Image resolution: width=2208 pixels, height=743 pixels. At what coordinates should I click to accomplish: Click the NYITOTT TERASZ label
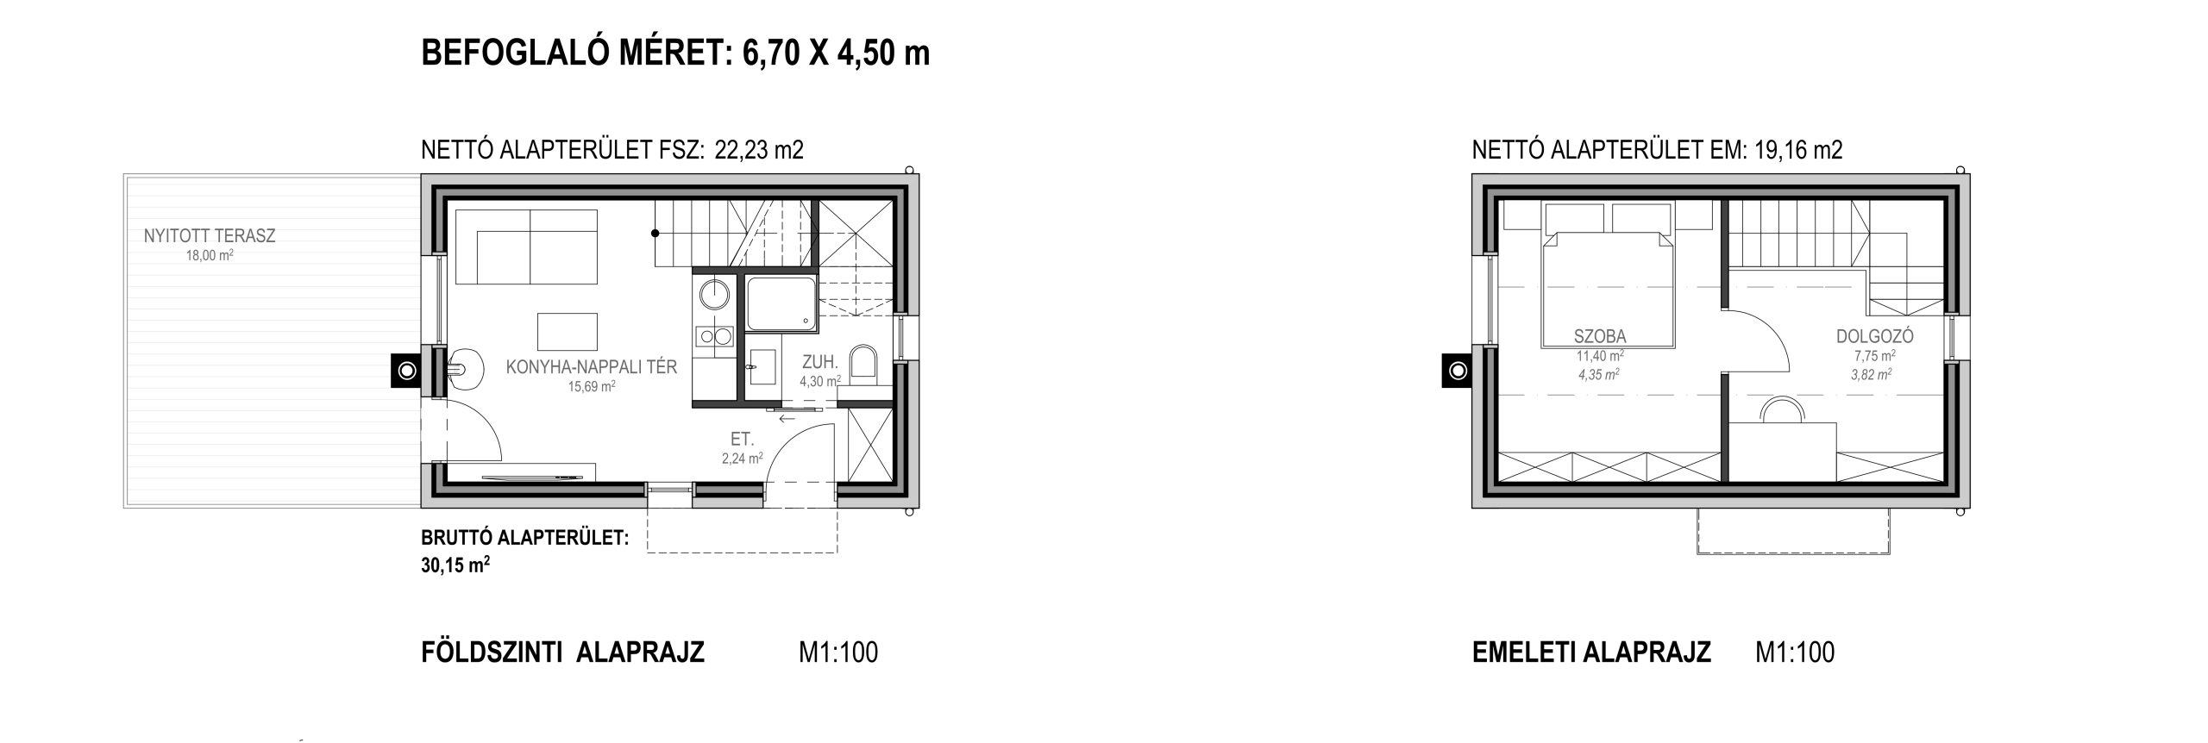(x=210, y=236)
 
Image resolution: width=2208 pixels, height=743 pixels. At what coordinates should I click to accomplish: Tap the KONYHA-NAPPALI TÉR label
(x=592, y=368)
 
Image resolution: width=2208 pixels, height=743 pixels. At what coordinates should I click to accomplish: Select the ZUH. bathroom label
(x=820, y=363)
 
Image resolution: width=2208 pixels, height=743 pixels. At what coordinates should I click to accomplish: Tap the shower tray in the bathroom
(x=781, y=304)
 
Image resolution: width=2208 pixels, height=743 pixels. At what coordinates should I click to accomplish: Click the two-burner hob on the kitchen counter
(x=714, y=336)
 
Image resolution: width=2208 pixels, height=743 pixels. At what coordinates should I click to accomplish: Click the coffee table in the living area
(x=568, y=329)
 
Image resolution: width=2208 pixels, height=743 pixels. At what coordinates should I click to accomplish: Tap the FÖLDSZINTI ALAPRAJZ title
(x=562, y=652)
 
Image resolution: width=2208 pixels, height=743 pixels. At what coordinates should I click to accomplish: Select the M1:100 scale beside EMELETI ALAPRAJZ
(x=1796, y=652)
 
